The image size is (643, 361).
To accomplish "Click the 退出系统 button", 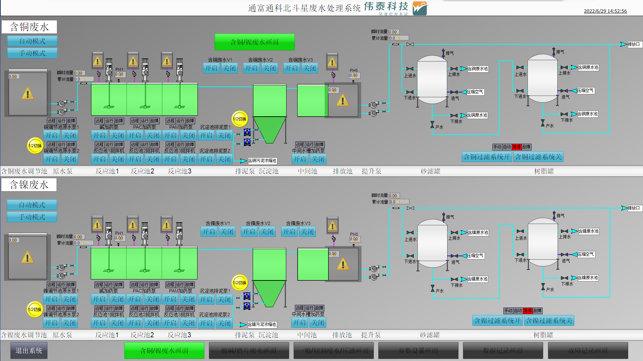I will click(29, 351).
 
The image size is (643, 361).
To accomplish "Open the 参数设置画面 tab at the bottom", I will click(418, 351).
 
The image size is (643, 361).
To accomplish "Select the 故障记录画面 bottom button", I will click(588, 351).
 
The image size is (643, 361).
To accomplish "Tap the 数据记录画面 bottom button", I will click(503, 351).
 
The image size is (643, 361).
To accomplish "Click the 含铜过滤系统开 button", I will click(487, 157).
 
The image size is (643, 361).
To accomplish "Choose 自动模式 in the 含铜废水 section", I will click(32, 41).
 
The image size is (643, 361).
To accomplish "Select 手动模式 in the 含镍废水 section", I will click(32, 217).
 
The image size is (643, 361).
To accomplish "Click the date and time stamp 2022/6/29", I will click(605, 11).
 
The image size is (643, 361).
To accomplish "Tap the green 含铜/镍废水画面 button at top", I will click(254, 42).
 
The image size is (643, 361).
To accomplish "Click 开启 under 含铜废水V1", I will click(211, 69).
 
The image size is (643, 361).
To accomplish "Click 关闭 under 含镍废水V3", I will click(307, 232).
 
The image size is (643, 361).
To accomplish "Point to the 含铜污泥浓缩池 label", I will click(262, 161).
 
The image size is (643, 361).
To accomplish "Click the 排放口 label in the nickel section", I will click(633, 208).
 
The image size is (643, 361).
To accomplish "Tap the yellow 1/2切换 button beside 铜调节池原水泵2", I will click(35, 146).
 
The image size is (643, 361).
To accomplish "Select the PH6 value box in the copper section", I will click(354, 76).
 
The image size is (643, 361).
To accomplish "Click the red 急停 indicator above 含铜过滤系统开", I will click(516, 147).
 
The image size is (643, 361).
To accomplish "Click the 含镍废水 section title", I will click(29, 185).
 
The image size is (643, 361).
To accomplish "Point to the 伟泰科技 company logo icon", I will click(420, 8).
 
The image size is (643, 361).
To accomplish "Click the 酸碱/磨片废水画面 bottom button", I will click(249, 351).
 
